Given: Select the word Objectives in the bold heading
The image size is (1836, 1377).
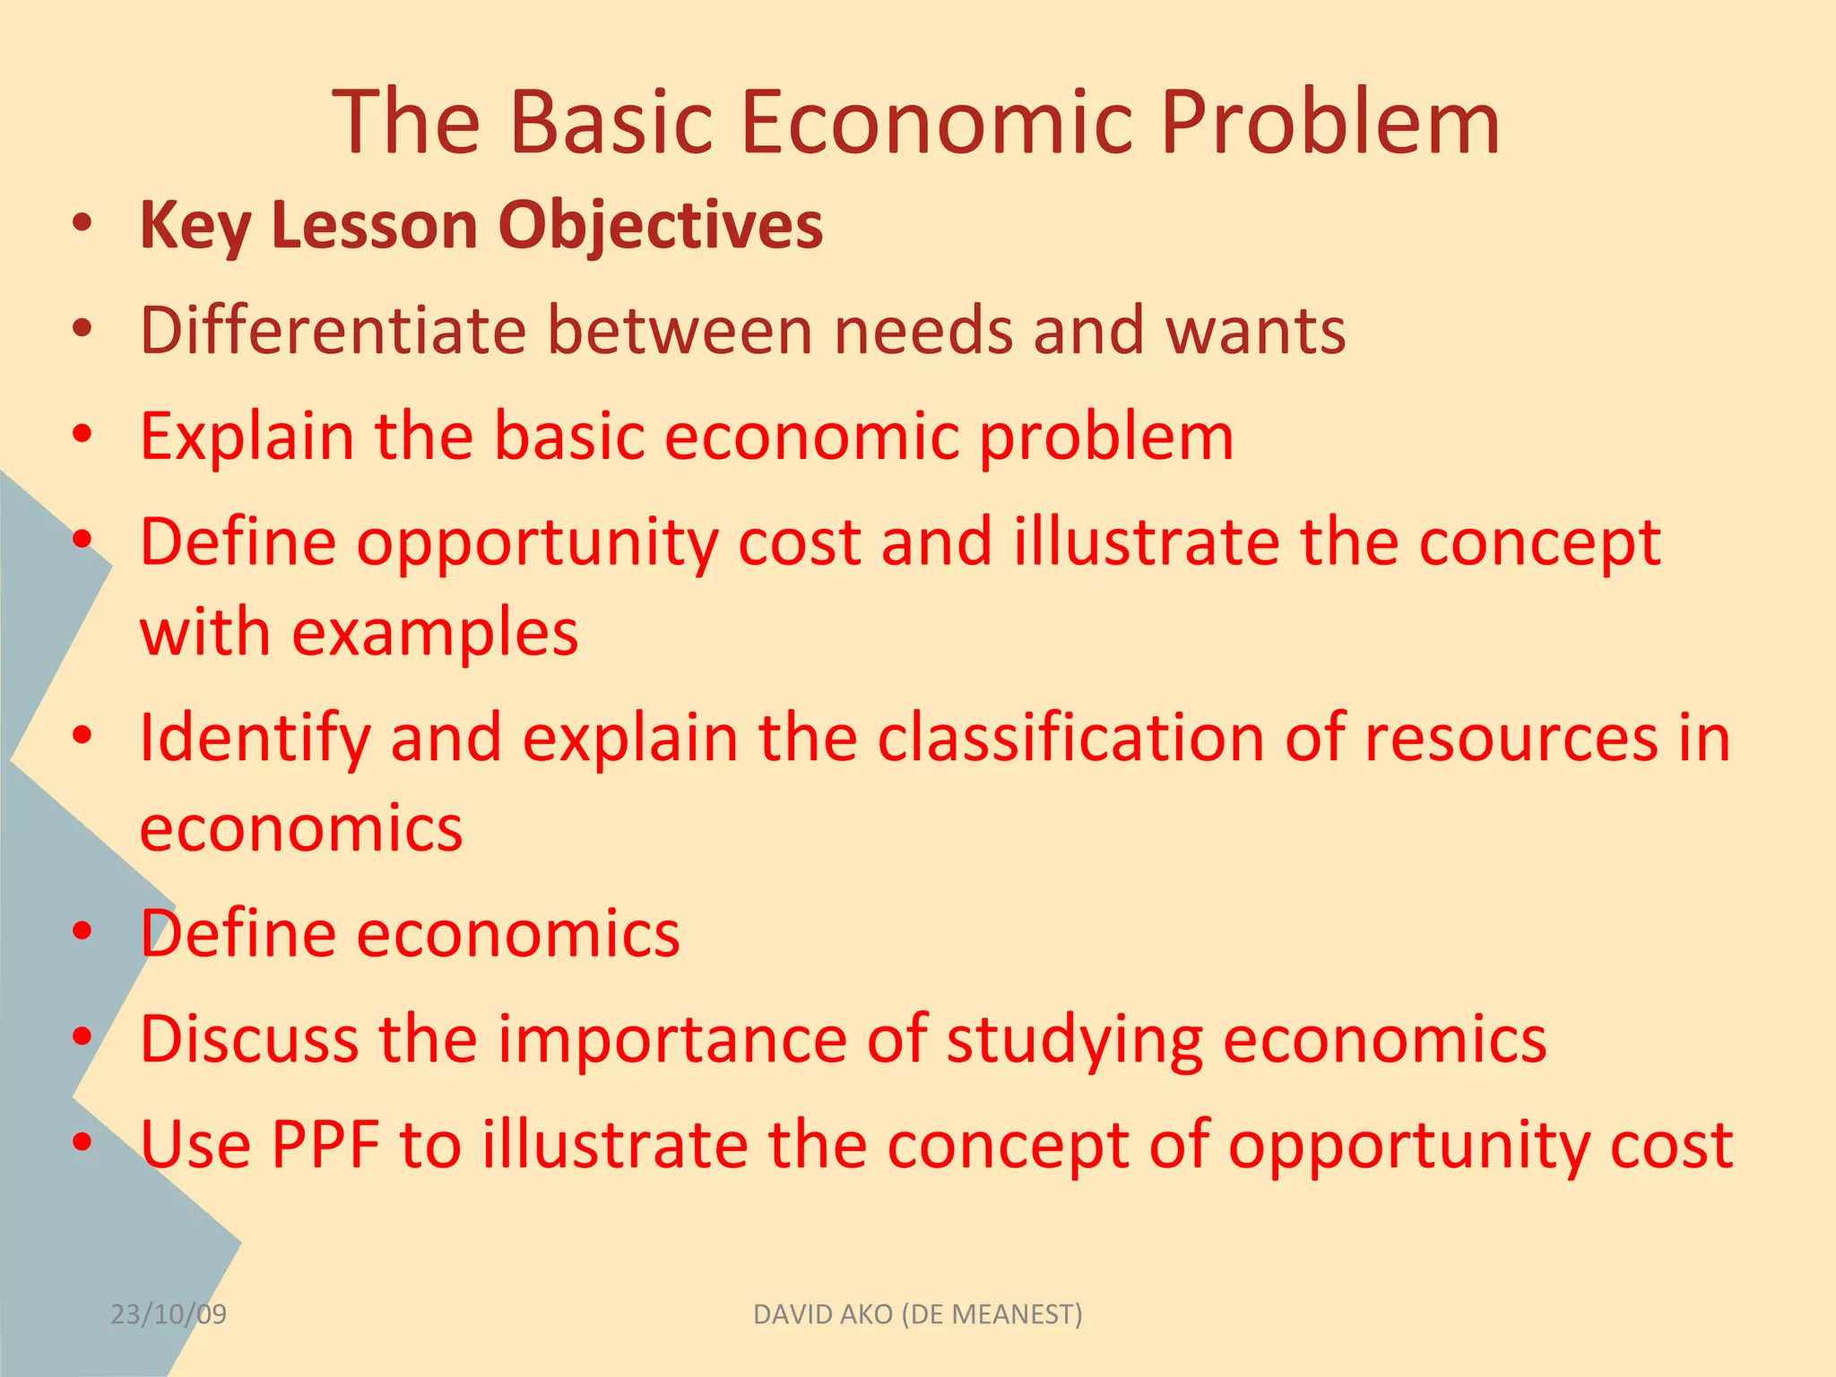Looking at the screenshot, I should tap(660, 225).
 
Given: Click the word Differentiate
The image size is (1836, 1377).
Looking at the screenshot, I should tap(333, 331).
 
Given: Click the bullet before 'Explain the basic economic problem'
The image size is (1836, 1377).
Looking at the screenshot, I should tap(82, 436).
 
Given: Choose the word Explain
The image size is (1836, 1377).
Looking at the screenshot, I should tap(247, 437).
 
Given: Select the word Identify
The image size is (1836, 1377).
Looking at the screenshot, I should tap(255, 739).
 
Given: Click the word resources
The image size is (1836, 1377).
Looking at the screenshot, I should tap(1511, 739).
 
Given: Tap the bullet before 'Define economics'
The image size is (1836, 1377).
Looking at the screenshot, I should tap(82, 932).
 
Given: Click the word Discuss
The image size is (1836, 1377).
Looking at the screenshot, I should tap(249, 1039).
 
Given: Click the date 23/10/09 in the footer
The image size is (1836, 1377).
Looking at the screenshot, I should tap(169, 1314).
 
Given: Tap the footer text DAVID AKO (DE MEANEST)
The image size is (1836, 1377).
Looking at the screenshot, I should tap(917, 1314).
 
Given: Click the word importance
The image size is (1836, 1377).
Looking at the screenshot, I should tap(672, 1041).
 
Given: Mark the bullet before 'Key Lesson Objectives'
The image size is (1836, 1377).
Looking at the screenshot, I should tap(82, 224).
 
